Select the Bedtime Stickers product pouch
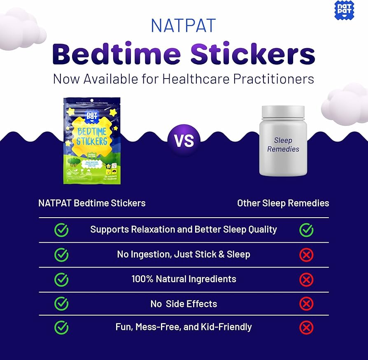[x=92, y=141]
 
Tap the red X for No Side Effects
[x=306, y=304]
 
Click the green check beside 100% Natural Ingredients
[x=61, y=279]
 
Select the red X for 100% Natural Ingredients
[x=306, y=280]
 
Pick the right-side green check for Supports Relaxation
[x=306, y=230]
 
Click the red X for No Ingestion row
[x=306, y=255]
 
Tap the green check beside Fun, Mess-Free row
[x=61, y=327]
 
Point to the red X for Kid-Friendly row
[x=306, y=327]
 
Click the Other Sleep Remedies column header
[x=283, y=203]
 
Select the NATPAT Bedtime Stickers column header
[x=92, y=203]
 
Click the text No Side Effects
[x=184, y=304]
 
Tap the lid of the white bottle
[x=283, y=111]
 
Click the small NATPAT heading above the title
[x=184, y=26]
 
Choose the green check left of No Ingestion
[x=61, y=255]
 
